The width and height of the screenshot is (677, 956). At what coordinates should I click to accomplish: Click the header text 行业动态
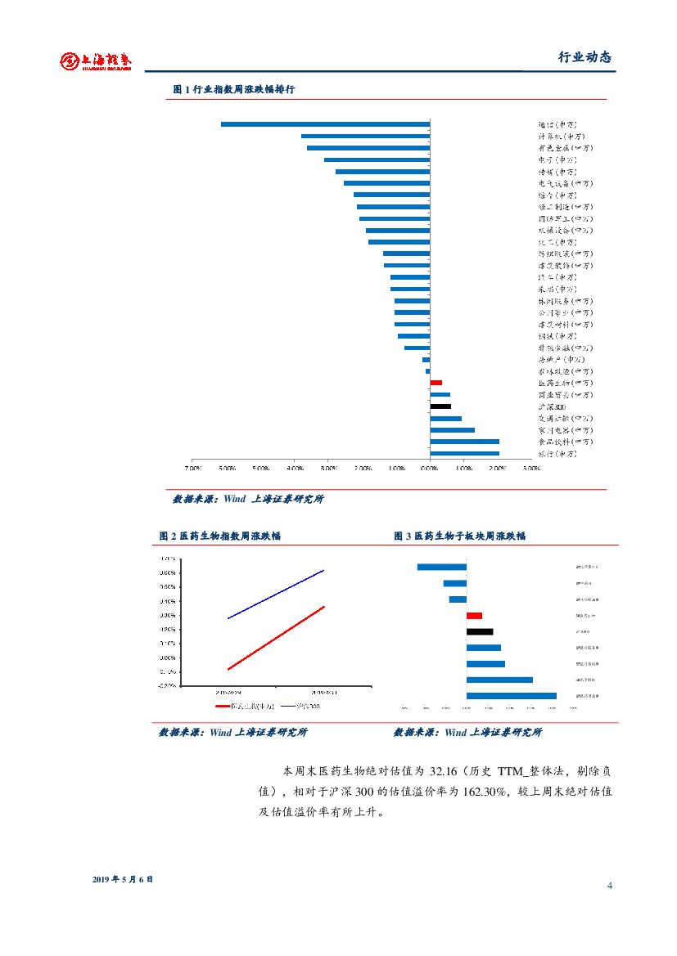[x=584, y=57]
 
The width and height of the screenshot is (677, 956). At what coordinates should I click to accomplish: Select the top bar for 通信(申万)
[x=325, y=124]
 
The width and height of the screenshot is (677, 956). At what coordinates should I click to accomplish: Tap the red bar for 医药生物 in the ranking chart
[x=436, y=383]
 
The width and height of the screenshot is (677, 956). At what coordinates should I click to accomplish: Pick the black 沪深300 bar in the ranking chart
[x=440, y=406]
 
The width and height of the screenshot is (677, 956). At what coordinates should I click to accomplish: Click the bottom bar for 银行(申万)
[x=464, y=453]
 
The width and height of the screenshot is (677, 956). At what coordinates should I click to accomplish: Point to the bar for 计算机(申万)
[x=365, y=136]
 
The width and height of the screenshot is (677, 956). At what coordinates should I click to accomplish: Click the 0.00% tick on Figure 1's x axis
[x=430, y=469]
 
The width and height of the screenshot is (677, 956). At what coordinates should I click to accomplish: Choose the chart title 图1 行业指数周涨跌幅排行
[x=233, y=90]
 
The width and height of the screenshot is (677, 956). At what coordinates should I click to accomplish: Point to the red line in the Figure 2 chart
[x=276, y=638]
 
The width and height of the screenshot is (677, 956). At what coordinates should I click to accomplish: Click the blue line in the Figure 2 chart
[x=276, y=594]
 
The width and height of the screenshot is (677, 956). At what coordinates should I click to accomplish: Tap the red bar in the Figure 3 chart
[x=474, y=615]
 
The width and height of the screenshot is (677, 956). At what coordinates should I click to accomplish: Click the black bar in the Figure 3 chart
[x=480, y=631]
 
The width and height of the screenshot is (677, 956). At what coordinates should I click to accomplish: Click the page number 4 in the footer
[x=610, y=886]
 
